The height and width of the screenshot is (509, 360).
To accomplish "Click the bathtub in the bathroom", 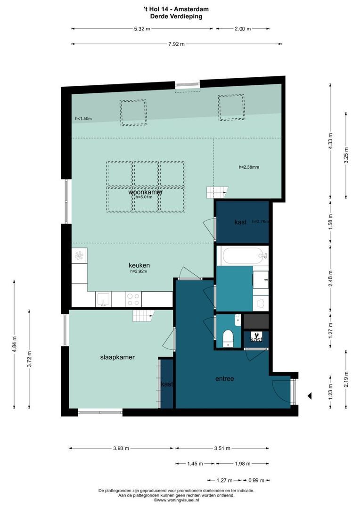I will tap(242, 256).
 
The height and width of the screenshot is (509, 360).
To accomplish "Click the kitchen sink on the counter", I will tap(103, 299).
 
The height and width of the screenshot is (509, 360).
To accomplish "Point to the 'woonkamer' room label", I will tap(146, 192).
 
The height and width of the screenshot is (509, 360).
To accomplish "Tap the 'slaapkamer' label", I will tap(117, 357).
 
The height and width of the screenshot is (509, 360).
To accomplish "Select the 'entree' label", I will tap(225, 378).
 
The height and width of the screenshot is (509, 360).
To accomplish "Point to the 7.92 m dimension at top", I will tap(177, 44).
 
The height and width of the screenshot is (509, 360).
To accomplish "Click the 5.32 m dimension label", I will tap(142, 29).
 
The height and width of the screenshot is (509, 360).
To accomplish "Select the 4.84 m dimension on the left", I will tap(15, 345).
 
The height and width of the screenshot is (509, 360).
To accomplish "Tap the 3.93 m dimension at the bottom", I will tap(121, 449).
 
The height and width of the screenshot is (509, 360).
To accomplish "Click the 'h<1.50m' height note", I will tap(83, 119).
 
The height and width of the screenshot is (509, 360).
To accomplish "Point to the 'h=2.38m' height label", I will tap(249, 167).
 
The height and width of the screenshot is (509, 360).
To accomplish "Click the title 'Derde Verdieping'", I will tap(176, 16).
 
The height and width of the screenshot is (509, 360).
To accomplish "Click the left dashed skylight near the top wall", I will tap(133, 113).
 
